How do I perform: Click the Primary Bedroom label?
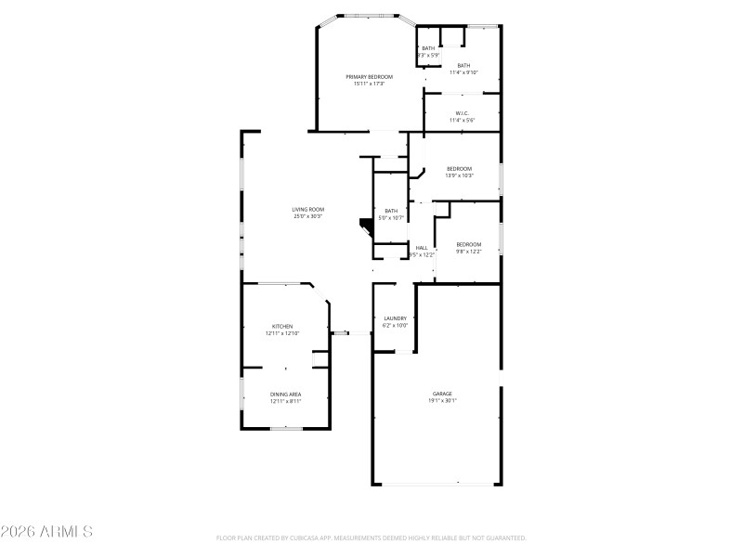369,76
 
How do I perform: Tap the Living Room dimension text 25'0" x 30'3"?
308,216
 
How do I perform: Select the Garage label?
442,394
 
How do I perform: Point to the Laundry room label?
396,318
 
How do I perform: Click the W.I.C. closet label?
462,113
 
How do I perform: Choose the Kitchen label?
282,327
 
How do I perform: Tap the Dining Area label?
285,395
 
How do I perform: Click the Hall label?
422,248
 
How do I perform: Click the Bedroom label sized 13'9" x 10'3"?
459,168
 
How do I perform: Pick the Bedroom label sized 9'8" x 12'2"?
468,244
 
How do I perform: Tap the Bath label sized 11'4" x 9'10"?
463,65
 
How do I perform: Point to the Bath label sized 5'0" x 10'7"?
391,211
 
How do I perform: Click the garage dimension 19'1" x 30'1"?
442,400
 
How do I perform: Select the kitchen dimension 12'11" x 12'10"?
282,333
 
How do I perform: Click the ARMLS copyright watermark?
46,532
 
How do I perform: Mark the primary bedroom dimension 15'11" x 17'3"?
369,84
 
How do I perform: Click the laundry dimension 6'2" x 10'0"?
396,326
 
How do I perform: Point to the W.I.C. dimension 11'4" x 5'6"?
462,120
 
